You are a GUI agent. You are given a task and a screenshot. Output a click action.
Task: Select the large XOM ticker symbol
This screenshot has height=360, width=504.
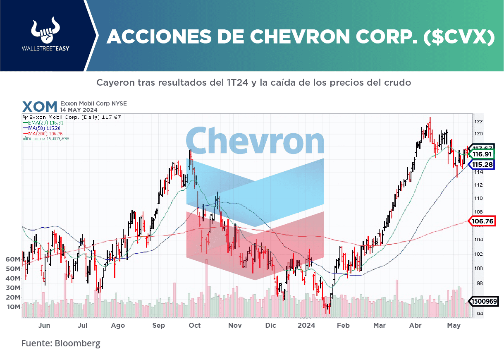[40, 107]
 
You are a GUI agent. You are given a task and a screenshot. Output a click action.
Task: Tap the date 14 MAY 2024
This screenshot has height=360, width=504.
[79, 110]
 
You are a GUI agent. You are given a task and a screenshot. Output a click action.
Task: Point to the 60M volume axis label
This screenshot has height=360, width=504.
[13, 259]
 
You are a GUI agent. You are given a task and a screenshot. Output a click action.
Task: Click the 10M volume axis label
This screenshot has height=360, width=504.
[13, 307]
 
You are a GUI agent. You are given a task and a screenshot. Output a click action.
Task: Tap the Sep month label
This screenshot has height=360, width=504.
[158, 326]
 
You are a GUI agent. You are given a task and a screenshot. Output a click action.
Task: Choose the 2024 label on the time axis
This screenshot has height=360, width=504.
[306, 326]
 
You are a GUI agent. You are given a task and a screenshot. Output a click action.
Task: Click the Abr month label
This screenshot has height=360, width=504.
[415, 326]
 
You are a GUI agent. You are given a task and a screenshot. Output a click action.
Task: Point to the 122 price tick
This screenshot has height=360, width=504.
[479, 122]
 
